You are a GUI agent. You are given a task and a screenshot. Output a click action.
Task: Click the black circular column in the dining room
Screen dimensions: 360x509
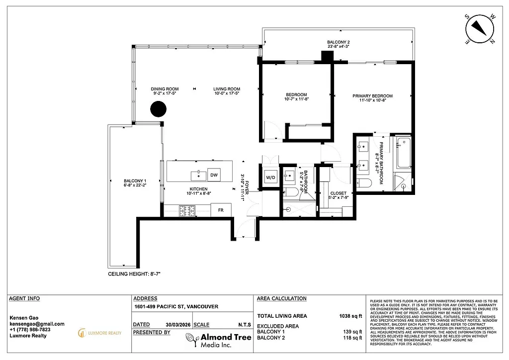[158, 108]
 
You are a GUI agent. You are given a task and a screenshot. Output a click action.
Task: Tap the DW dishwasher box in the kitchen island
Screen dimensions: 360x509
[214, 175]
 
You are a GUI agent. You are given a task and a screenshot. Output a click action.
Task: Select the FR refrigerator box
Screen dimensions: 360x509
[221, 210]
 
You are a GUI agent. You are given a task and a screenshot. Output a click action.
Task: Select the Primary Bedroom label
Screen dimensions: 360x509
[372, 98]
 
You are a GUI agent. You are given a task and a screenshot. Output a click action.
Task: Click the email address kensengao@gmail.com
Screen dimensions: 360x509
[37, 324]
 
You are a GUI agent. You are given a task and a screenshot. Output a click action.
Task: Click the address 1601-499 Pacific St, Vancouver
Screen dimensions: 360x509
[176, 307]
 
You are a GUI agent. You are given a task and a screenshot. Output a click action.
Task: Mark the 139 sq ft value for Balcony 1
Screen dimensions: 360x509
[352, 332]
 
